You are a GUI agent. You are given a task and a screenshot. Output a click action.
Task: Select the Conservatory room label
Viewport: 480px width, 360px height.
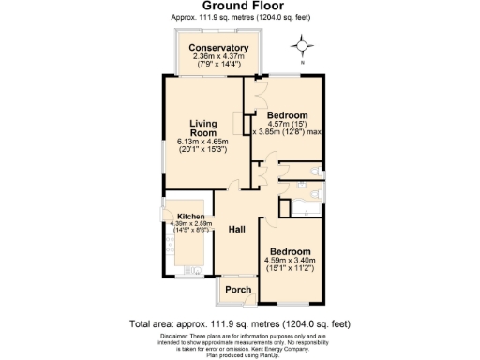218,48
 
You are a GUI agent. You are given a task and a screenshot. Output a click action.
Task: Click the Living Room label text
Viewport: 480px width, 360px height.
203,128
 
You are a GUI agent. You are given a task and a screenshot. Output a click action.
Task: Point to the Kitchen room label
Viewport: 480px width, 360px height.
185,216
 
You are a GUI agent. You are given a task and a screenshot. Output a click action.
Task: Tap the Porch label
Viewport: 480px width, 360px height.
239,290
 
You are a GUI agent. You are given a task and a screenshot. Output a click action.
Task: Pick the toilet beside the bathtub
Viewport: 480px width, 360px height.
318,194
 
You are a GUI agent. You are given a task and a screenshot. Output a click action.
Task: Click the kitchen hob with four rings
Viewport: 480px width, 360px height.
171,241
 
